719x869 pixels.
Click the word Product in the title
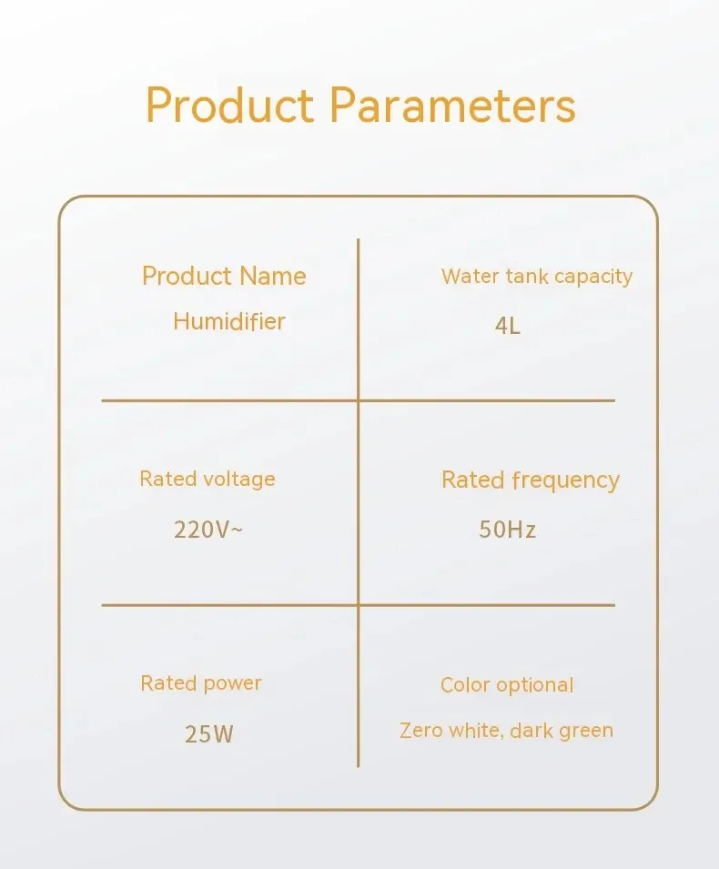pyautogui.click(x=230, y=106)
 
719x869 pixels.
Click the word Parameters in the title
pyautogui.click(x=453, y=106)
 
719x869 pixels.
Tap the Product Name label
pyautogui.click(x=224, y=276)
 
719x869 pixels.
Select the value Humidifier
pyautogui.click(x=229, y=321)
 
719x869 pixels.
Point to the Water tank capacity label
pyautogui.click(x=537, y=277)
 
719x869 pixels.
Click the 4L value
pyautogui.click(x=508, y=326)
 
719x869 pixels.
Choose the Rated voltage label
pyautogui.click(x=208, y=480)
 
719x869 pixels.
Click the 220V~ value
pyautogui.click(x=208, y=530)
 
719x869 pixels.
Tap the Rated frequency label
pyautogui.click(x=530, y=480)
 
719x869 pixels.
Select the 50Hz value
pyautogui.click(x=507, y=530)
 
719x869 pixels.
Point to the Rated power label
pyautogui.click(x=200, y=683)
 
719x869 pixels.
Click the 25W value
pyautogui.click(x=209, y=734)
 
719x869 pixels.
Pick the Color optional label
pyautogui.click(x=507, y=685)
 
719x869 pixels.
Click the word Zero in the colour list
pyautogui.click(x=420, y=731)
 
